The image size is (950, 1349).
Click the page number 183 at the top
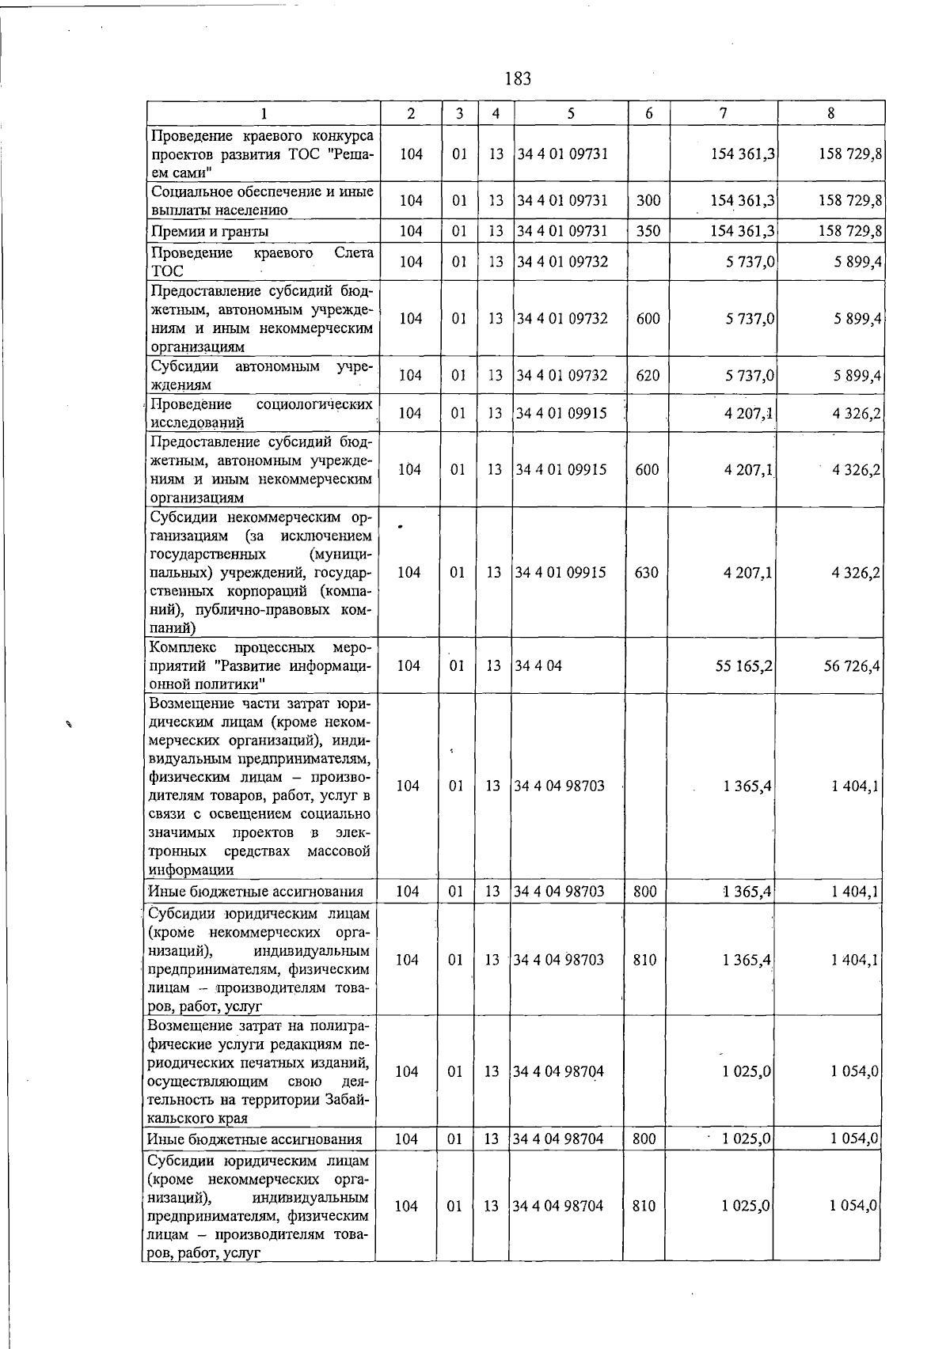(517, 78)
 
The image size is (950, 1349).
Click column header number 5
(570, 113)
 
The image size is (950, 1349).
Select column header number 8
(830, 113)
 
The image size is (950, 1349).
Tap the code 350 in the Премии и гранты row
(648, 231)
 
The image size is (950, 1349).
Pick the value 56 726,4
(852, 666)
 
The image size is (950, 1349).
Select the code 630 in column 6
(646, 572)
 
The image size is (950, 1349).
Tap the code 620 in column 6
(648, 375)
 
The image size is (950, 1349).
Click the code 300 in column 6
(648, 200)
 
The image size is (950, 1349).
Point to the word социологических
(315, 404)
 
